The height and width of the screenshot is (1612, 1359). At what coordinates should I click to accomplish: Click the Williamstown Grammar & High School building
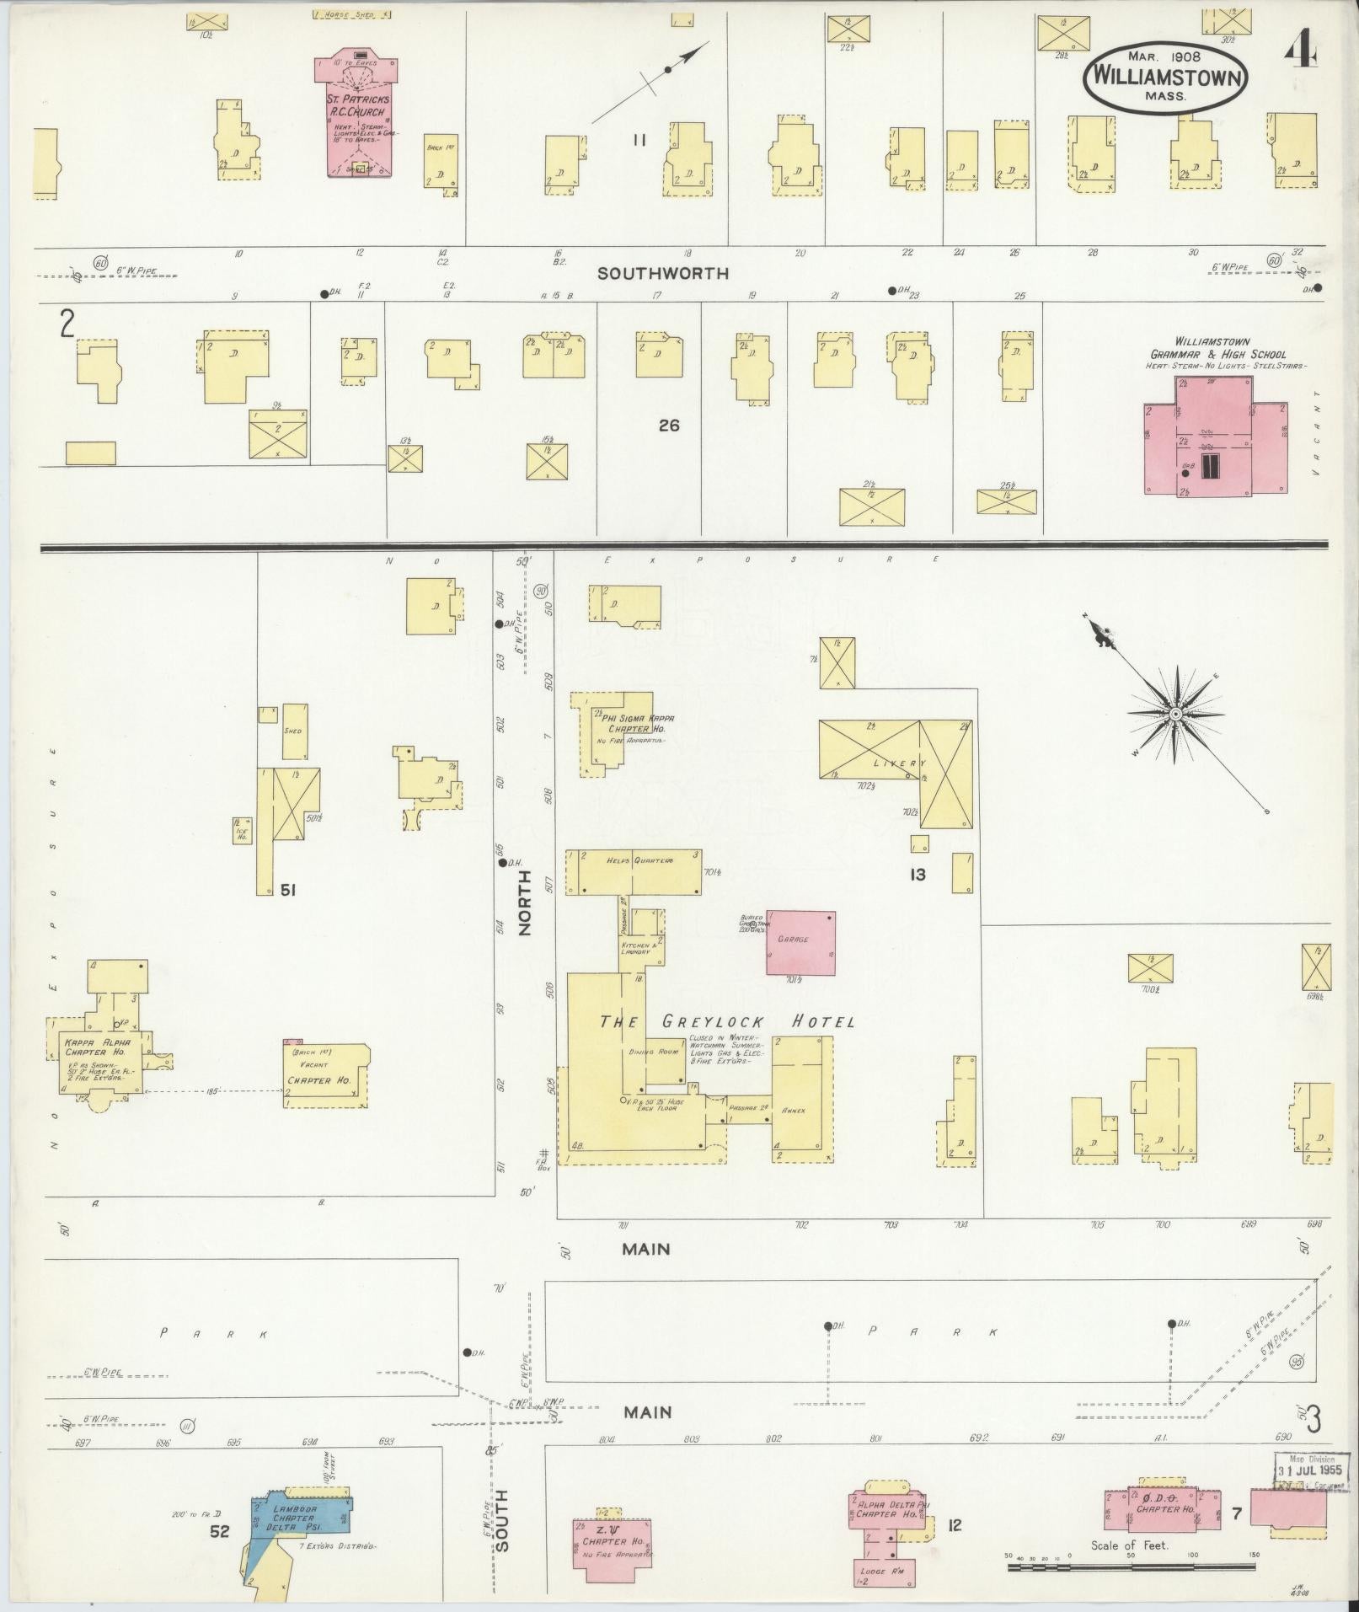click(x=1214, y=439)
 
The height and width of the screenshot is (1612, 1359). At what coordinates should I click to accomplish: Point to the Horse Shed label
click(x=351, y=14)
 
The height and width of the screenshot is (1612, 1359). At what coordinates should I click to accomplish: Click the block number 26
click(x=669, y=426)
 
